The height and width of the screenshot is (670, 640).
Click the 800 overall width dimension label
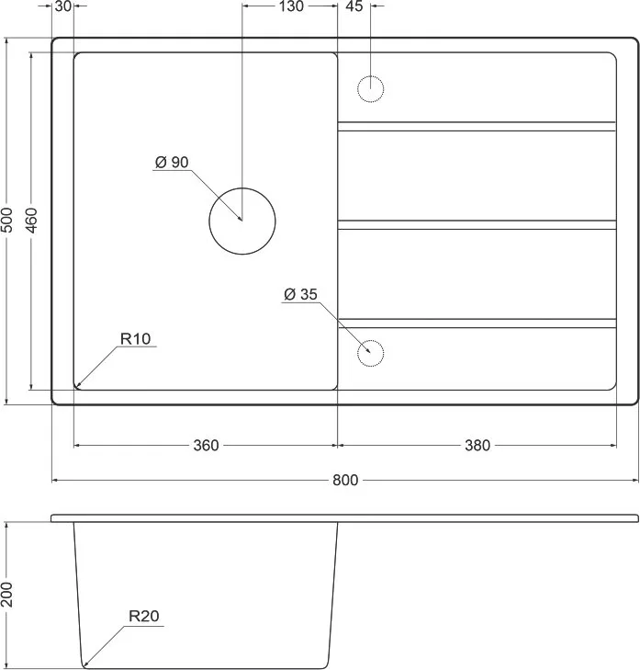click(345, 481)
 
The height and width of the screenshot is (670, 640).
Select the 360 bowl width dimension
click(206, 446)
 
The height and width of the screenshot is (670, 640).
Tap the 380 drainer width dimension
click(477, 446)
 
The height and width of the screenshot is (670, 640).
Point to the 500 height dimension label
click(7, 221)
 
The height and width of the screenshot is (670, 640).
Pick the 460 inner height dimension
click(31, 221)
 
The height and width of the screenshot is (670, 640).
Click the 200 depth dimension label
click(7, 595)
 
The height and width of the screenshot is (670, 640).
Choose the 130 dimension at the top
click(291, 6)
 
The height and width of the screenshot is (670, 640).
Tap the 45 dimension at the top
click(354, 6)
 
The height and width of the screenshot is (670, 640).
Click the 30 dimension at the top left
click(63, 6)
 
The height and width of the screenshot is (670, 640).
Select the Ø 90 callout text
click(172, 163)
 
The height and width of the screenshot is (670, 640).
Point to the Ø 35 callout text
click(300, 294)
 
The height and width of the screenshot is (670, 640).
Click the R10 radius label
click(135, 339)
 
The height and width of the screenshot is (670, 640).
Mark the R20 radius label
click(144, 616)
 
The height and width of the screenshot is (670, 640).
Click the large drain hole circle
click(242, 188)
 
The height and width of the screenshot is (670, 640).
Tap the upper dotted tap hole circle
click(370, 76)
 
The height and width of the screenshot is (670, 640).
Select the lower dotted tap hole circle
click(370, 341)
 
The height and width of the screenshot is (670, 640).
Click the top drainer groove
click(477, 127)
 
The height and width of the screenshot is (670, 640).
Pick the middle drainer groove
click(477, 225)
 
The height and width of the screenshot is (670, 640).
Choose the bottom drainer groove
click(477, 324)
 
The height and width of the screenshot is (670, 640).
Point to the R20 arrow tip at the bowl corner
click(84, 665)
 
